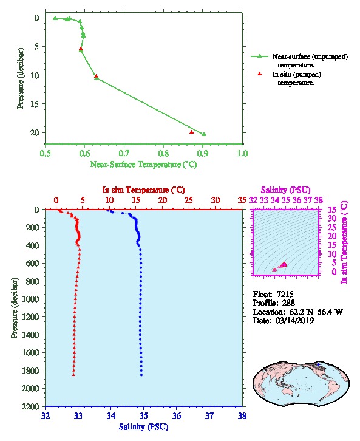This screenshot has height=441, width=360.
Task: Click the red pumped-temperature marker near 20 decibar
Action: (x=192, y=132)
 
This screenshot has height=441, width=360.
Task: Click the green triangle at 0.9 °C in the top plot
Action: (x=204, y=134)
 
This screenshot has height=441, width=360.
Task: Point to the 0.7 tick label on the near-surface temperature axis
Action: (x=124, y=153)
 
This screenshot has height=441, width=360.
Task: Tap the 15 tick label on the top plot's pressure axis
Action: (x=35, y=104)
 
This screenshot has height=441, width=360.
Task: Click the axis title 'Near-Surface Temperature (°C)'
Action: (x=144, y=165)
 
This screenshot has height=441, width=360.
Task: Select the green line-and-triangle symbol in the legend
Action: (x=259, y=56)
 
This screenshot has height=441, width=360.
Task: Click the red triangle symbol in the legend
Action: (x=260, y=73)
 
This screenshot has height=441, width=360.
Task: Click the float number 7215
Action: (x=285, y=294)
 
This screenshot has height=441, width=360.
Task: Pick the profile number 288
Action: (x=288, y=303)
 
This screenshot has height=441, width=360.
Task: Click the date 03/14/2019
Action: (x=294, y=320)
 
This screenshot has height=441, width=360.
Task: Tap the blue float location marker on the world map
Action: (x=318, y=364)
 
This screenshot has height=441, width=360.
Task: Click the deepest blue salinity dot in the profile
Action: (x=141, y=375)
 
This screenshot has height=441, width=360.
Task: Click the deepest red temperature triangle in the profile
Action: (x=73, y=375)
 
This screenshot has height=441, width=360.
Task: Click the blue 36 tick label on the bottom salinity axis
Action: (x=177, y=415)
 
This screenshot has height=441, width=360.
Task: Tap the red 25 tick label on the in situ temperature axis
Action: (x=189, y=200)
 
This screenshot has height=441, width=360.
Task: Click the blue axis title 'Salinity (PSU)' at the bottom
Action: (x=144, y=427)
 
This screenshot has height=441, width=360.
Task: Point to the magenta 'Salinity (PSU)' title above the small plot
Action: (x=286, y=190)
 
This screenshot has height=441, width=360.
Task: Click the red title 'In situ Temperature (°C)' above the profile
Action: (x=144, y=190)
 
